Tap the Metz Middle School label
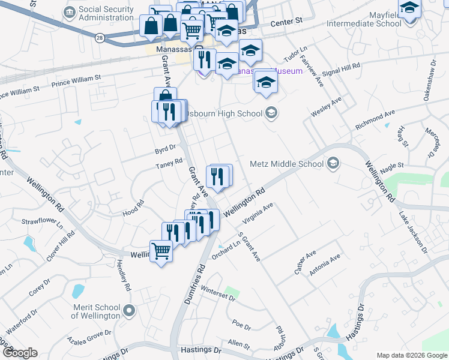(286, 164)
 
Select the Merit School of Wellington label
(97, 311)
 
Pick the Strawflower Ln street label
(43, 223)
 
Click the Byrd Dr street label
(165, 146)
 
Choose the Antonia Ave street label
(325, 265)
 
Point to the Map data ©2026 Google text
(412, 355)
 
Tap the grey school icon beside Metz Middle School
(333, 163)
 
